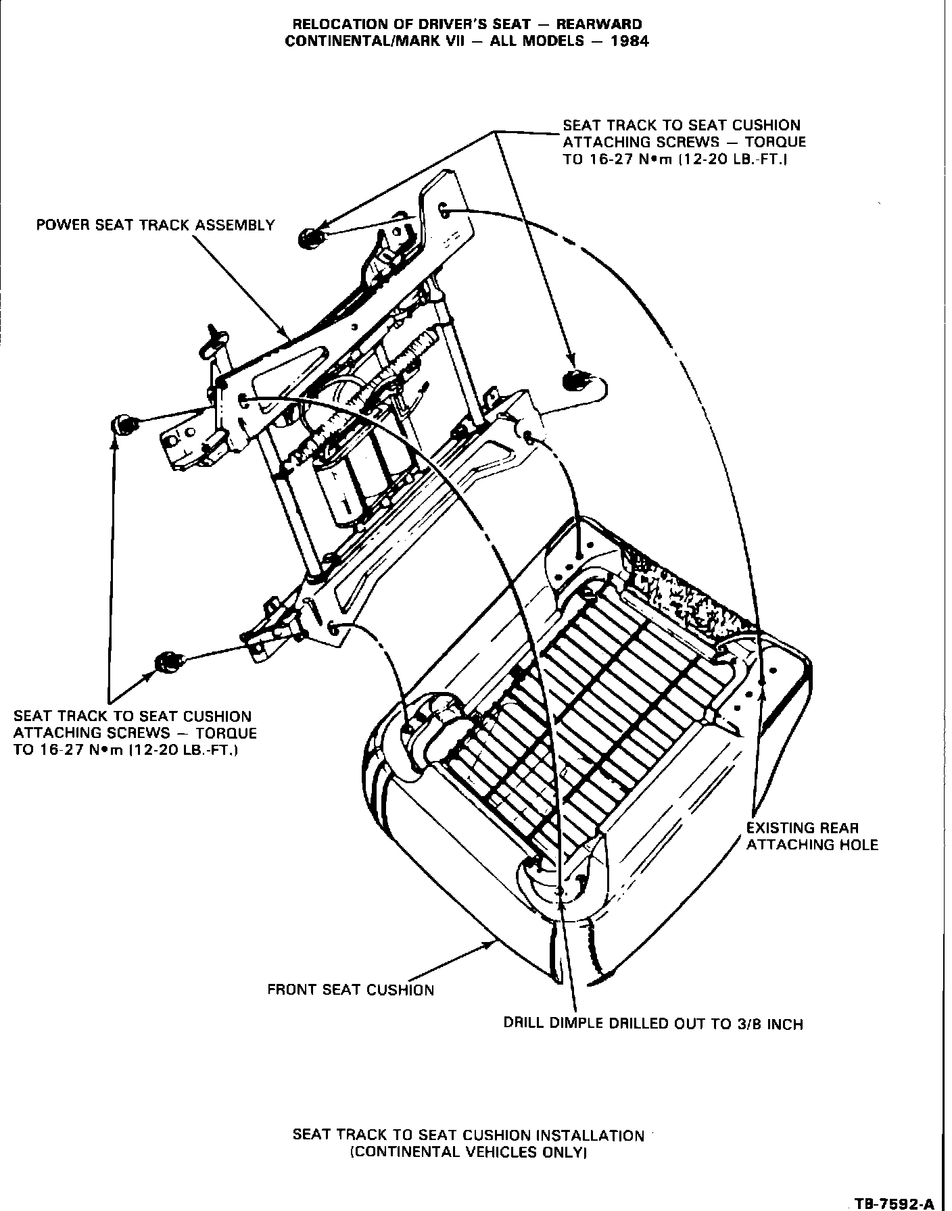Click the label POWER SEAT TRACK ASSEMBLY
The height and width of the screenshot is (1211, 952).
click(156, 225)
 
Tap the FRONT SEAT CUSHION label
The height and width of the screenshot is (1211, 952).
click(350, 990)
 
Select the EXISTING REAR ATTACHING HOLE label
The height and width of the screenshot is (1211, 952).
click(811, 836)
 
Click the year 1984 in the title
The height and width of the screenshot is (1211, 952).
click(628, 41)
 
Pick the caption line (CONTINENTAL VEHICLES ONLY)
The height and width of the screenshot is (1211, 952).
click(467, 1152)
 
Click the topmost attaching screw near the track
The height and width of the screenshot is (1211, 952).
click(312, 238)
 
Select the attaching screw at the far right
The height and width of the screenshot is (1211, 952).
click(575, 382)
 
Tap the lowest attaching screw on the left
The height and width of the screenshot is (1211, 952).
click(166, 662)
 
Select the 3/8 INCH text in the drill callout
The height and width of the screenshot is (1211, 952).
click(767, 1024)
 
